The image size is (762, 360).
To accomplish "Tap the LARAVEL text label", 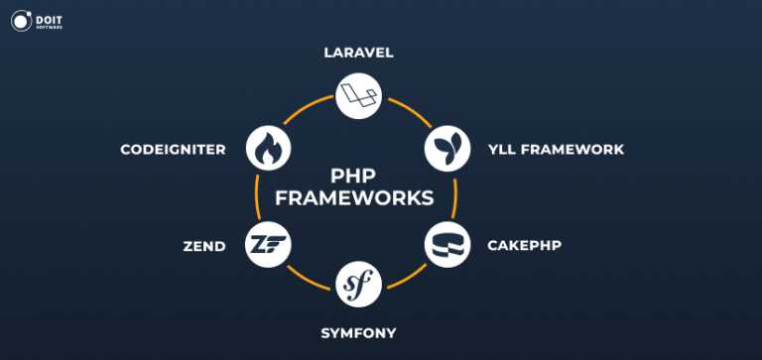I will [x=358, y=53].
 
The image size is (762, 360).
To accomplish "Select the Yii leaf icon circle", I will [x=444, y=149].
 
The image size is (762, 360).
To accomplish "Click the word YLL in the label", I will [x=503, y=150].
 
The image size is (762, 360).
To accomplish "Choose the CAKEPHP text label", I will [x=524, y=245].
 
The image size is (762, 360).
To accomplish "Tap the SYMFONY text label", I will [x=358, y=332].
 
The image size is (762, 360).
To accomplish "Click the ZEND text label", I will [x=204, y=245].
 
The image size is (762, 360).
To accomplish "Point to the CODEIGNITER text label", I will [x=173, y=150].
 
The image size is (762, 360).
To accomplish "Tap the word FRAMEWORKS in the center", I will [x=354, y=198].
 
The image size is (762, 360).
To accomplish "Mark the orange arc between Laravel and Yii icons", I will [x=409, y=112].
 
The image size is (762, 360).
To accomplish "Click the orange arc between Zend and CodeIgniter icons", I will [x=258, y=196].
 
